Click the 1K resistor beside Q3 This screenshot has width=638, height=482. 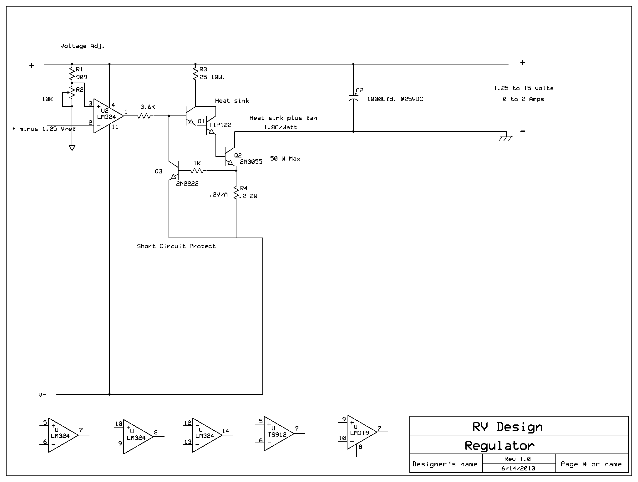(x=197, y=171)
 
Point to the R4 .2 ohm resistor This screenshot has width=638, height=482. (x=236, y=192)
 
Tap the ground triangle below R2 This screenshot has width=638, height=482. (x=72, y=148)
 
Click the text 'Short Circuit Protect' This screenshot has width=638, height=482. (x=176, y=246)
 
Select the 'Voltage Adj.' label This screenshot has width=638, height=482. (x=83, y=46)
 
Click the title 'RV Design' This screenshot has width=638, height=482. (x=508, y=427)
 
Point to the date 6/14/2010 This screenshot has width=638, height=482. (x=518, y=468)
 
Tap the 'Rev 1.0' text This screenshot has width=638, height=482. (x=518, y=459)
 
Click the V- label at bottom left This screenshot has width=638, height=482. (x=42, y=395)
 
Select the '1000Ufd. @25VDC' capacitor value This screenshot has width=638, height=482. (x=395, y=99)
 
